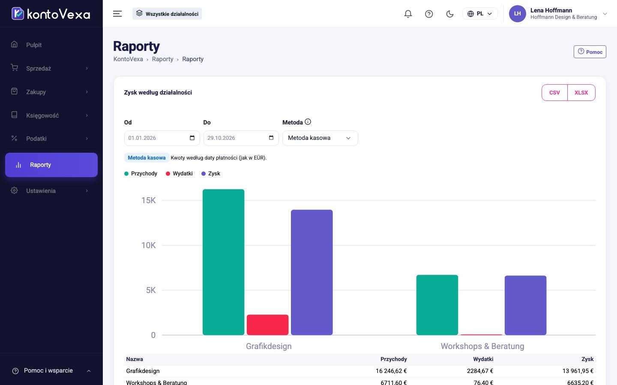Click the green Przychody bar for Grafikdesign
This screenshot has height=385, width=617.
pyautogui.click(x=223, y=262)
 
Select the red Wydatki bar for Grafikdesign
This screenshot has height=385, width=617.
pyautogui.click(x=267, y=325)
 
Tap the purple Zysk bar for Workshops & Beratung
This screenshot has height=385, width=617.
pyautogui.click(x=525, y=305)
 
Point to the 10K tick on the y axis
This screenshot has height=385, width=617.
pyautogui.click(x=148, y=245)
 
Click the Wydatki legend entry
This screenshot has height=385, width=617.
pyautogui.click(x=179, y=174)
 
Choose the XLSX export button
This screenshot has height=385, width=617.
pyautogui.click(x=581, y=93)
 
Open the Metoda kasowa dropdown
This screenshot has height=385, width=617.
pyautogui.click(x=320, y=138)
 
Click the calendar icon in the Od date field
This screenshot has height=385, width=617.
pyautogui.click(x=192, y=138)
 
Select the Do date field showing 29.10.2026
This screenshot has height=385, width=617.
pyautogui.click(x=241, y=138)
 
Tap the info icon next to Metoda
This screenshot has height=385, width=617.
pyautogui.click(x=308, y=121)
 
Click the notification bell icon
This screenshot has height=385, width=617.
pyautogui.click(x=408, y=14)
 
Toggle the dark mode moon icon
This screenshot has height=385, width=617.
pyautogui.click(x=450, y=14)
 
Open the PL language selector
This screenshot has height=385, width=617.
pyautogui.click(x=480, y=14)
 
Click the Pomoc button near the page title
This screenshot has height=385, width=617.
pyautogui.click(x=590, y=52)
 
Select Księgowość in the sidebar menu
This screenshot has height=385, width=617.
pyautogui.click(x=42, y=115)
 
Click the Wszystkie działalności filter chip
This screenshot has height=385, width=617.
pyautogui.click(x=167, y=14)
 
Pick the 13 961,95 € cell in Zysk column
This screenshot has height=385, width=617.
pyautogui.click(x=578, y=371)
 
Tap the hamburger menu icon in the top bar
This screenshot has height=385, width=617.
pyautogui.click(x=117, y=14)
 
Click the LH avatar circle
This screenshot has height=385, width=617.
pyautogui.click(x=517, y=14)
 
